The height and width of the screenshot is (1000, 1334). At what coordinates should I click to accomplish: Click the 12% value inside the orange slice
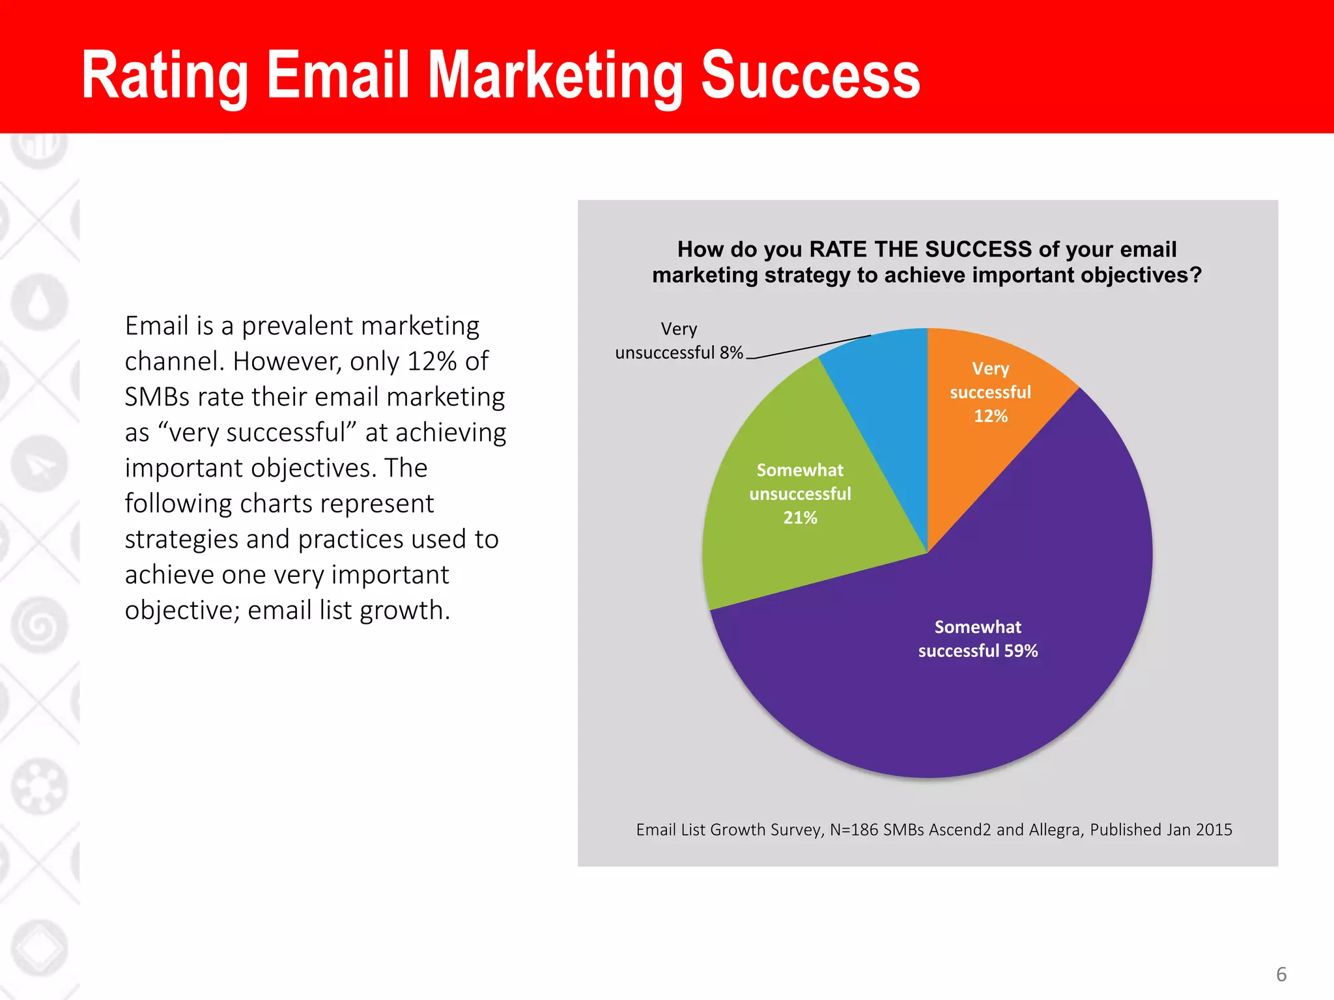991,416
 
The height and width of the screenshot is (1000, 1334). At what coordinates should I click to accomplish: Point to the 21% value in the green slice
800,518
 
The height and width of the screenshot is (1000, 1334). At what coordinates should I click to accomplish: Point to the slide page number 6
1281,974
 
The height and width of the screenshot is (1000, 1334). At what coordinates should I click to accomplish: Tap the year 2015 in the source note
1213,830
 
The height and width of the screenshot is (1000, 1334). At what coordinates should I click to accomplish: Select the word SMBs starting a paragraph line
156,397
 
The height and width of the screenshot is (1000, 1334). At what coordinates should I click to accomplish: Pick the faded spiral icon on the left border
39,625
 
